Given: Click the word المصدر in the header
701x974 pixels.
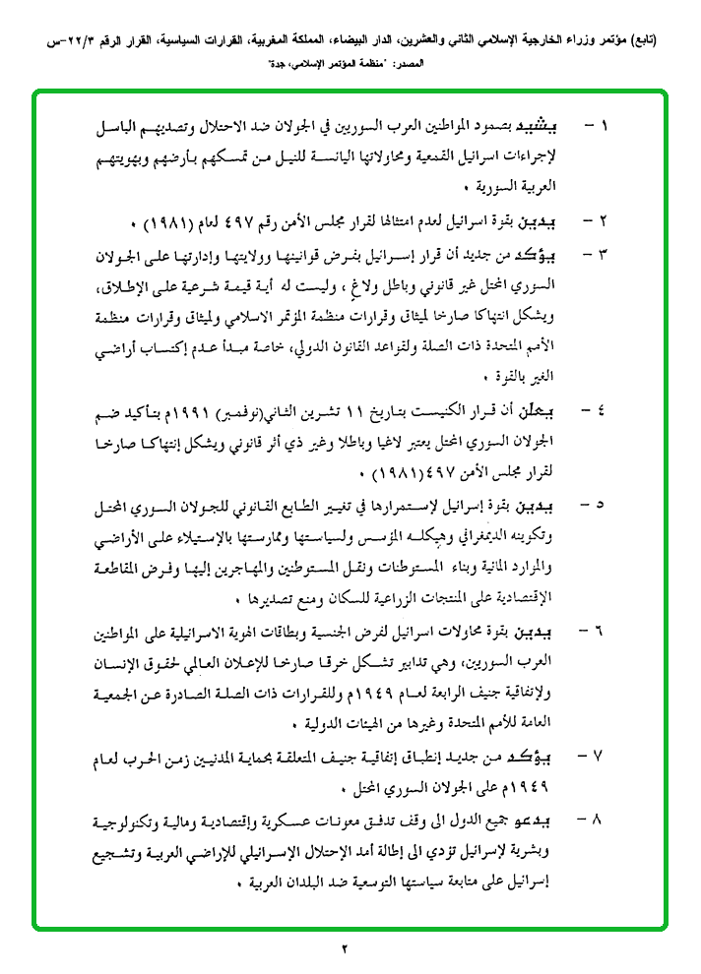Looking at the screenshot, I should (406, 62).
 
